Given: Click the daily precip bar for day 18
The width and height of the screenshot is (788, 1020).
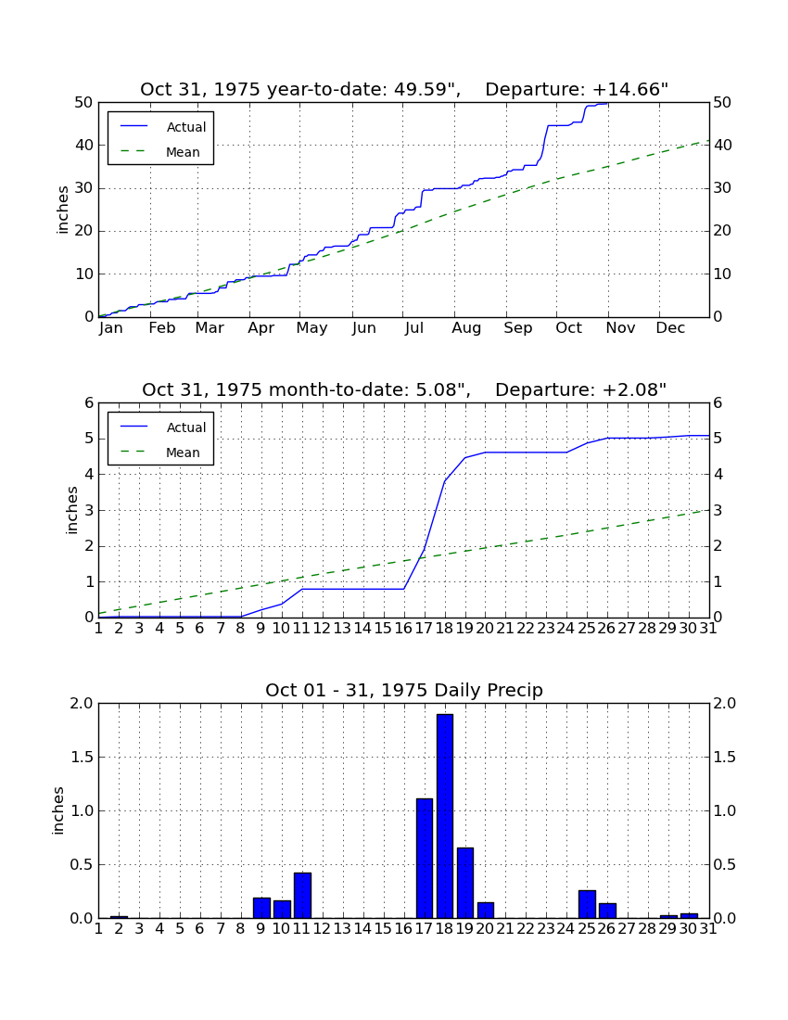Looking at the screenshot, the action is [x=445, y=816].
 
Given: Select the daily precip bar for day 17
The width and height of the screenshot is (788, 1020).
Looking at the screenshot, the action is [x=425, y=858].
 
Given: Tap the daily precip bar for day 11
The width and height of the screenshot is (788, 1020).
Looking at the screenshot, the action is [x=302, y=895].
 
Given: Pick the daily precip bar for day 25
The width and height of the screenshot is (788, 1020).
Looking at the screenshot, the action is [x=587, y=904].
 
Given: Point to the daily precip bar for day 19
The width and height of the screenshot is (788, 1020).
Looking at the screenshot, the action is [x=464, y=883].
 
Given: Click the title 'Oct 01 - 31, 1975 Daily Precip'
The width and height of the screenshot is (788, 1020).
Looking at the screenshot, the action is [x=404, y=690].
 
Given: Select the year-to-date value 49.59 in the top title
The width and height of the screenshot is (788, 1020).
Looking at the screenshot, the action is [x=424, y=89].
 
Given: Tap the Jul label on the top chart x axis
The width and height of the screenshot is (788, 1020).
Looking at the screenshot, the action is [x=414, y=328].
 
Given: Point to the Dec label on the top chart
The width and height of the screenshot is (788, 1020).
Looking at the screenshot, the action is [x=670, y=328].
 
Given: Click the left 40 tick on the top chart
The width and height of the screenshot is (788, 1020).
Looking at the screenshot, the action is [x=83, y=145].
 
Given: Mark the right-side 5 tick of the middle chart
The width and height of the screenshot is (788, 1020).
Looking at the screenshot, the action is [x=718, y=439].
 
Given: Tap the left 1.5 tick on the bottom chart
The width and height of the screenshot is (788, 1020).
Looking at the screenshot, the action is [x=81, y=758].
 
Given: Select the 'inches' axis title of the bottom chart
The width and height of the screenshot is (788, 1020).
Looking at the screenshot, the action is [x=57, y=810].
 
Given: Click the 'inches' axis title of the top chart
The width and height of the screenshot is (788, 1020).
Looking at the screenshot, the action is [x=62, y=210].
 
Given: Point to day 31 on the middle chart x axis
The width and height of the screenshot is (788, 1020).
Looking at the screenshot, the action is [x=708, y=629].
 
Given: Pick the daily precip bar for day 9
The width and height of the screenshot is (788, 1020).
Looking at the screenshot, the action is [x=261, y=908].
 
